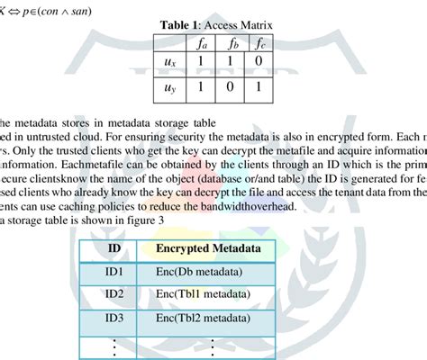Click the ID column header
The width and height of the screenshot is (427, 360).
point(114,247)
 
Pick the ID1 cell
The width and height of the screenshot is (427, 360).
point(114,271)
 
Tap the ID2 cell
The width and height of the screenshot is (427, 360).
point(114,293)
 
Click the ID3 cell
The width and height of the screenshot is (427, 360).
point(114,317)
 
